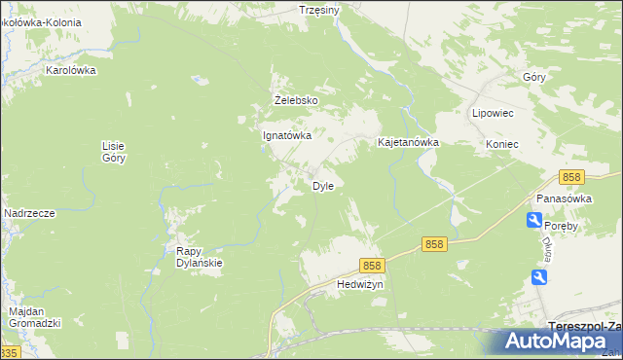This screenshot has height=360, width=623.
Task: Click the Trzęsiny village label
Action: tap(318, 10)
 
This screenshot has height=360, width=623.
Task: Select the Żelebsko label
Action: tap(295, 99)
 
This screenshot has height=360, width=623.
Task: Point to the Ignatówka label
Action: tap(287, 136)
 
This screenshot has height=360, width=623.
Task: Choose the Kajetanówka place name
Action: tap(408, 142)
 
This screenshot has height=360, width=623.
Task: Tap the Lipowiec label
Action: tap(493, 113)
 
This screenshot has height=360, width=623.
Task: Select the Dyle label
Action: tap(323, 186)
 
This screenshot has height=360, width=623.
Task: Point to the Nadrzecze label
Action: tap(29, 213)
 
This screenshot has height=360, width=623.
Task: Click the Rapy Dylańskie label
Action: tap(200, 256)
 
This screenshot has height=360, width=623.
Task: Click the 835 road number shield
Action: tap(9, 352)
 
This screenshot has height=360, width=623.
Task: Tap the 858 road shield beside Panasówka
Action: tap(571, 177)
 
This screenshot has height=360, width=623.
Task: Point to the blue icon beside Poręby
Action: tap(534, 221)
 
